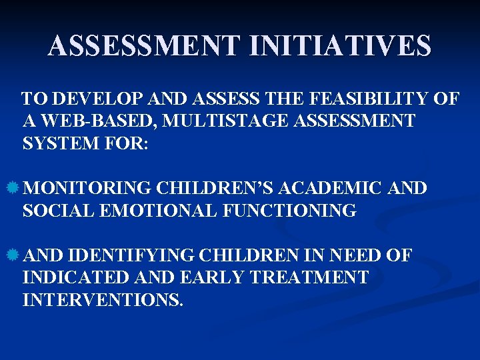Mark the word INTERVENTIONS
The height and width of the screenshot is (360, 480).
click(102, 299)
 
